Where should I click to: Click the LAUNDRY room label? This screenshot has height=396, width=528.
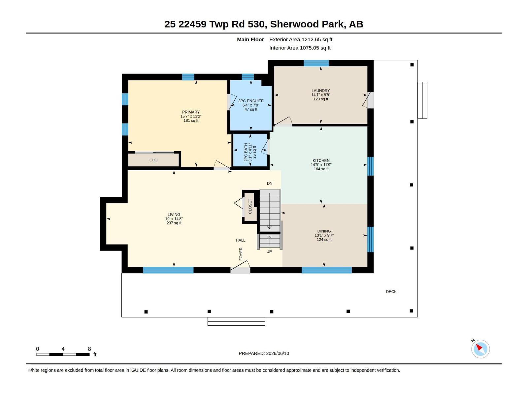[x=321, y=91]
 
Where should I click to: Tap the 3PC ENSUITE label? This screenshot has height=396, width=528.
[x=251, y=101]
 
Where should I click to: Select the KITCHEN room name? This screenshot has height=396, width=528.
[x=321, y=161]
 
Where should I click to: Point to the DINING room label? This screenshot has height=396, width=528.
[x=324, y=231]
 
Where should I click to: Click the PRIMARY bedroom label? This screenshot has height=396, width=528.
[x=191, y=112]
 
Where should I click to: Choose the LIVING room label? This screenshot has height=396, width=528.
[x=174, y=215]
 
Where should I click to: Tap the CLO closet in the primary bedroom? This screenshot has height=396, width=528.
[x=153, y=160]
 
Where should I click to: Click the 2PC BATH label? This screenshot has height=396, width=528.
[x=246, y=152]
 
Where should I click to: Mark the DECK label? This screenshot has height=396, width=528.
[x=391, y=292]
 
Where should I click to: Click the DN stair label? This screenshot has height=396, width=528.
[x=269, y=183]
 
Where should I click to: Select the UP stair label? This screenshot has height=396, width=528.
[x=269, y=252]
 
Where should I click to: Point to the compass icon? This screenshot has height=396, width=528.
[x=480, y=349]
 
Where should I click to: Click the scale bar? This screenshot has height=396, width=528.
[x=63, y=354]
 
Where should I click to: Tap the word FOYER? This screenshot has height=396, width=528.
[x=241, y=254]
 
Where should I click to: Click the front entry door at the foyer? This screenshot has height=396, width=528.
[x=240, y=270]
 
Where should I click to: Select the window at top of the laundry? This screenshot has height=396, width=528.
[x=316, y=63]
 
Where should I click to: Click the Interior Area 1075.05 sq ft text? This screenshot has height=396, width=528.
[x=300, y=48]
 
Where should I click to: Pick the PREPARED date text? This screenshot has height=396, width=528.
[x=264, y=353]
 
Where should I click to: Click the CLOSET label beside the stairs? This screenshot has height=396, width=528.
[x=250, y=206]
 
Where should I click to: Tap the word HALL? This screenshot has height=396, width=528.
[x=240, y=240]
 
